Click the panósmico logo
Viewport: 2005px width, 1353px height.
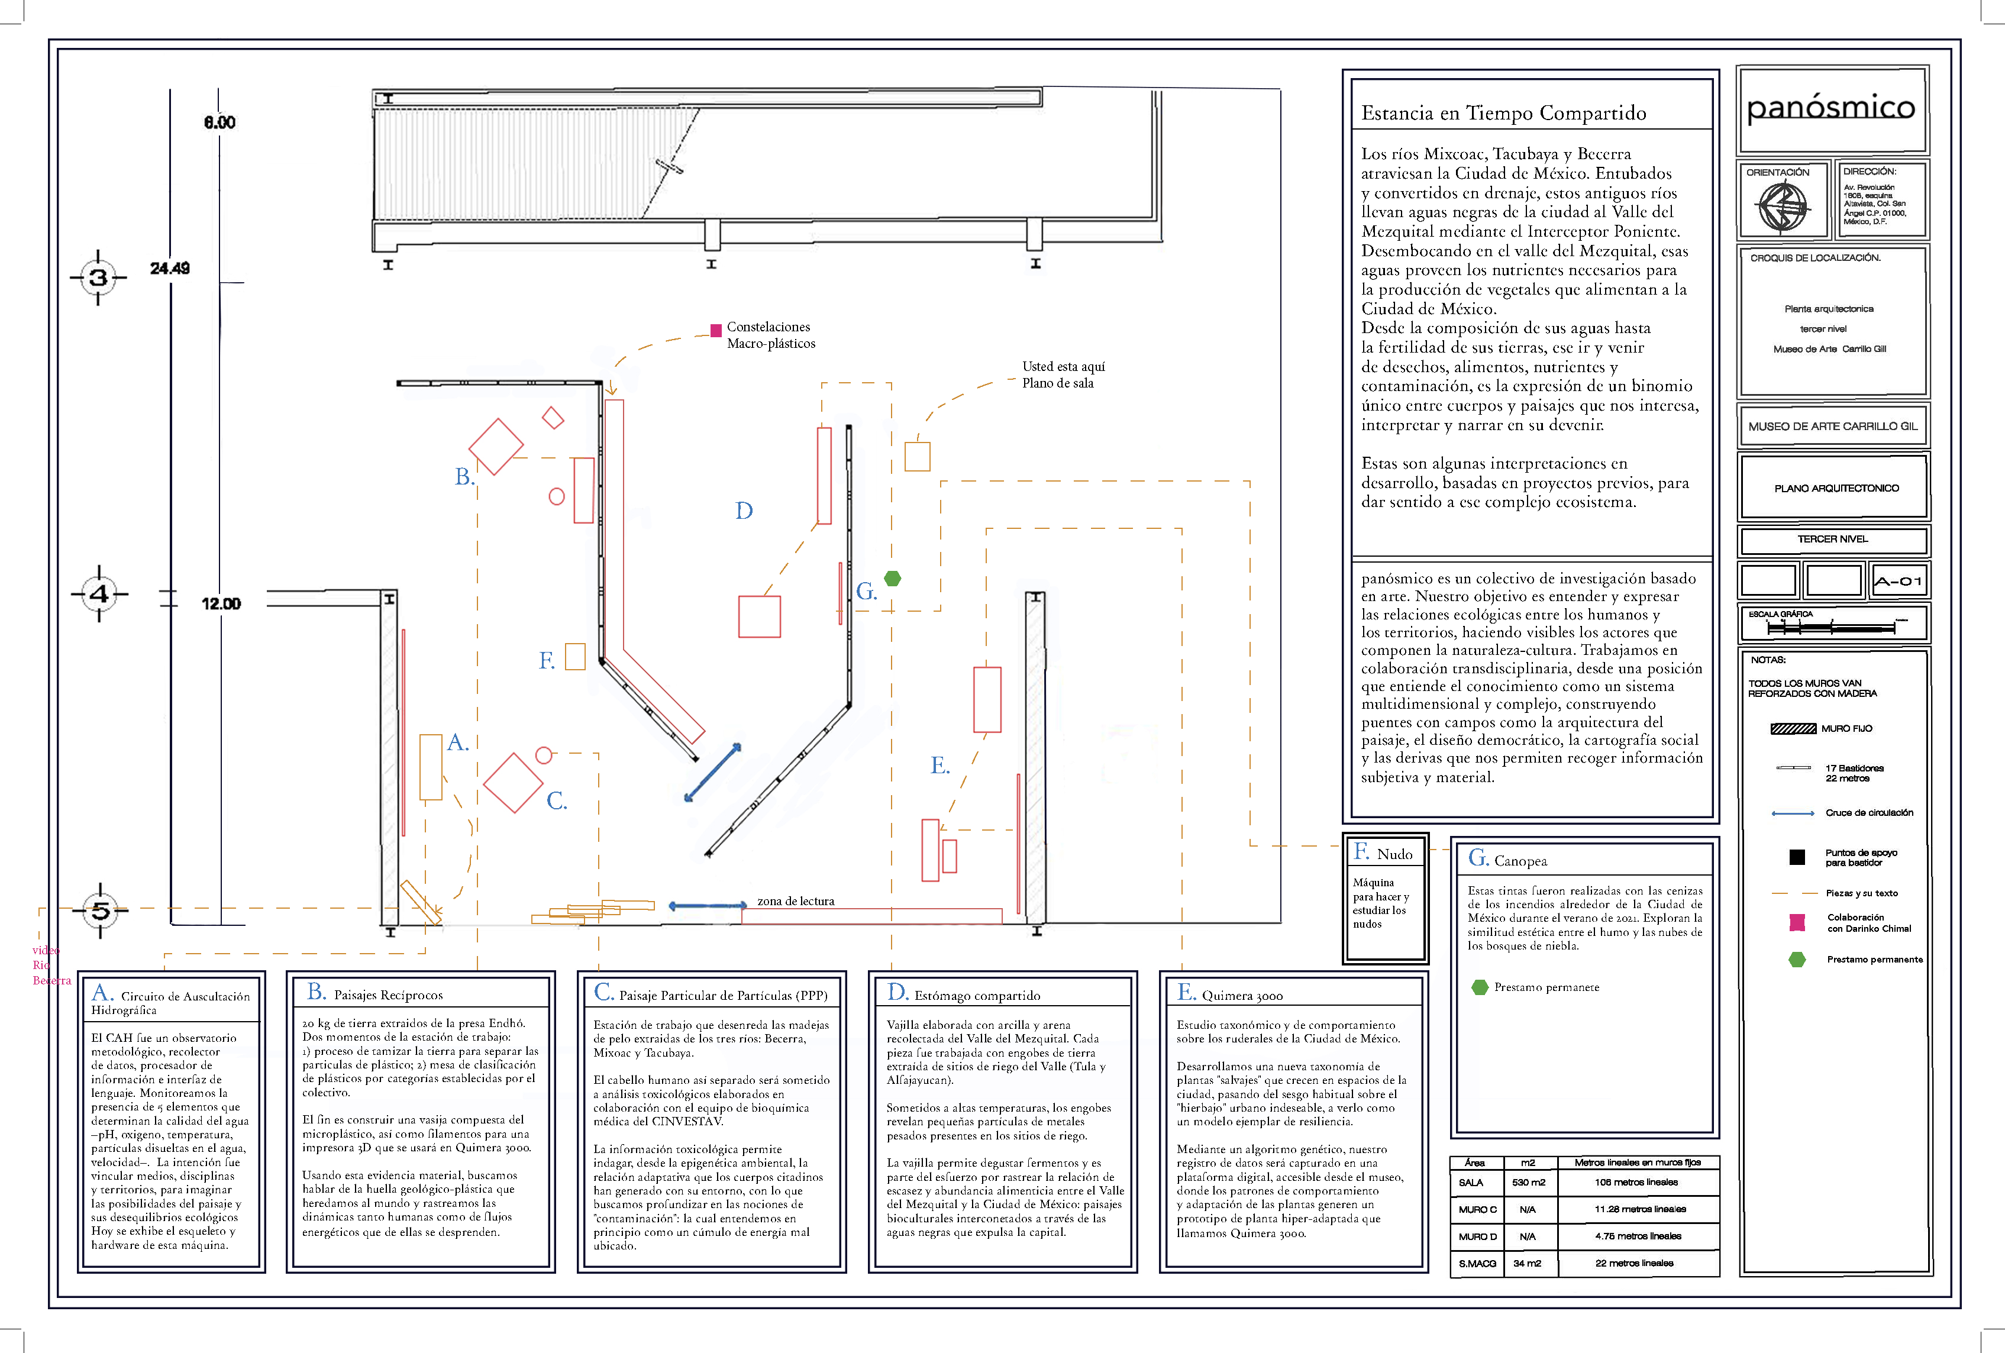(x=1830, y=109)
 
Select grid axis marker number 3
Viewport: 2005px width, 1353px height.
(x=98, y=277)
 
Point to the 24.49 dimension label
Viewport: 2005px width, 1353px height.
(x=170, y=269)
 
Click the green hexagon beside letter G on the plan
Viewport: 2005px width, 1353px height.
(x=893, y=578)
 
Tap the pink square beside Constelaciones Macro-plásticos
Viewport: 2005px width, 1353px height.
(x=716, y=330)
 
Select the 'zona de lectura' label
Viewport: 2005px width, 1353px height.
(x=796, y=901)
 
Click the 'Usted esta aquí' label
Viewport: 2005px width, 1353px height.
(x=1063, y=367)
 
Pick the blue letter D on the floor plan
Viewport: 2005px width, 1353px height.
(x=744, y=511)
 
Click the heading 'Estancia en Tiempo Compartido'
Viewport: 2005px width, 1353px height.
(x=1503, y=113)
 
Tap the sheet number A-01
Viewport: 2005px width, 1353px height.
(x=1898, y=581)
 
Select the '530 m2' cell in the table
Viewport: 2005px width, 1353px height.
(x=1528, y=1182)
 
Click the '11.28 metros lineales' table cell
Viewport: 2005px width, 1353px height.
(x=1639, y=1209)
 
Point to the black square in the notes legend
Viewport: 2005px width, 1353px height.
(x=1797, y=857)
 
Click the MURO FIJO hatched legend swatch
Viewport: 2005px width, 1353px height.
(x=1793, y=728)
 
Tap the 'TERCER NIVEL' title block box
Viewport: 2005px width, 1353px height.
(x=1832, y=540)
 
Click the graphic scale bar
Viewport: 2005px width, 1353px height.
(x=1830, y=627)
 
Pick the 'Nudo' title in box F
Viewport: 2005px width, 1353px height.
(x=1394, y=854)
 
